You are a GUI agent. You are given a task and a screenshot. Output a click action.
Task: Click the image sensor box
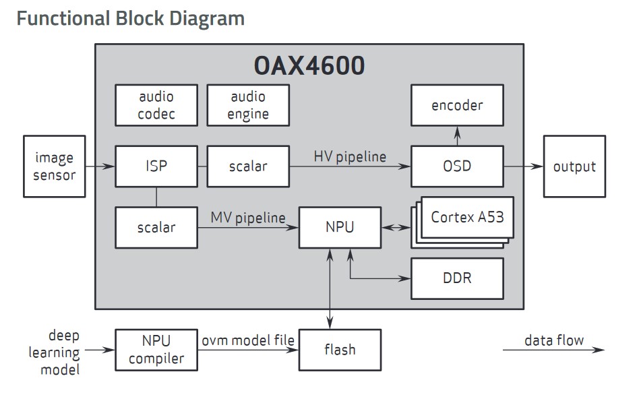click(55, 166)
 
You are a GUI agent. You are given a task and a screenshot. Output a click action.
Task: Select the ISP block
click(156, 166)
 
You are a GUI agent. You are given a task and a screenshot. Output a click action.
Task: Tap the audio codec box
click(156, 105)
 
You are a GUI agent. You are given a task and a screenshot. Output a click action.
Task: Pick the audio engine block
click(248, 105)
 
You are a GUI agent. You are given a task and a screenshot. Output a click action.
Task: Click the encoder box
click(458, 105)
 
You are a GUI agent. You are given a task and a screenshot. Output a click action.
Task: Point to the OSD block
click(458, 166)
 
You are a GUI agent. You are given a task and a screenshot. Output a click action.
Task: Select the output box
click(574, 166)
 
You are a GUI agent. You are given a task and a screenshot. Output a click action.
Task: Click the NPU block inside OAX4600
click(340, 228)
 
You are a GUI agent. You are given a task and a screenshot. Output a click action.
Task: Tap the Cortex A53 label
click(468, 218)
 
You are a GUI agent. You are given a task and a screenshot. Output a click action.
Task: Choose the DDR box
click(458, 279)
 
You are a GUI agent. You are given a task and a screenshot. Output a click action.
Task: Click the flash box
click(340, 350)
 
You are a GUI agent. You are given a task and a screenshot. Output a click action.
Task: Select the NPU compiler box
click(156, 350)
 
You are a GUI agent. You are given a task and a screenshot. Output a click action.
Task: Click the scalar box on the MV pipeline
click(156, 228)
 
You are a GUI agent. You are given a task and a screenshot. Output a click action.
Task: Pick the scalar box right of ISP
click(248, 166)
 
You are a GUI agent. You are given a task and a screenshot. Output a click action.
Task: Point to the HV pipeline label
click(350, 157)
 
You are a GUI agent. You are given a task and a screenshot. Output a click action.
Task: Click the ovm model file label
click(248, 340)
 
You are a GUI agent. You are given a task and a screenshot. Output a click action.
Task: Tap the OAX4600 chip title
click(309, 65)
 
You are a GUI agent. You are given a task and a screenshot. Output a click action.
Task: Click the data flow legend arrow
click(553, 349)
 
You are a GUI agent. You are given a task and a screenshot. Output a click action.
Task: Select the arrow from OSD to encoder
click(458, 136)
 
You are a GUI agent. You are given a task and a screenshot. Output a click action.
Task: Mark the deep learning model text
click(55, 352)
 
